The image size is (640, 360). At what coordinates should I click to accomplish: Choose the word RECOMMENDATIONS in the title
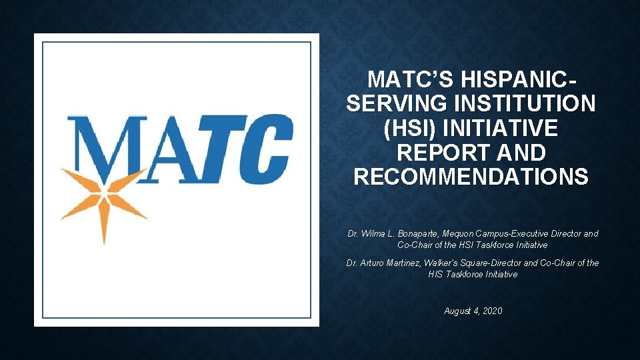[x=471, y=177]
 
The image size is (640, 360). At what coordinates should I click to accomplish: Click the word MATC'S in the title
[x=408, y=80]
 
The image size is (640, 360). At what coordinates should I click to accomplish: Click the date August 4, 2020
[x=473, y=311]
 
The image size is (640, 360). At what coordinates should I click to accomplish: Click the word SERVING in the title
[x=393, y=104]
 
